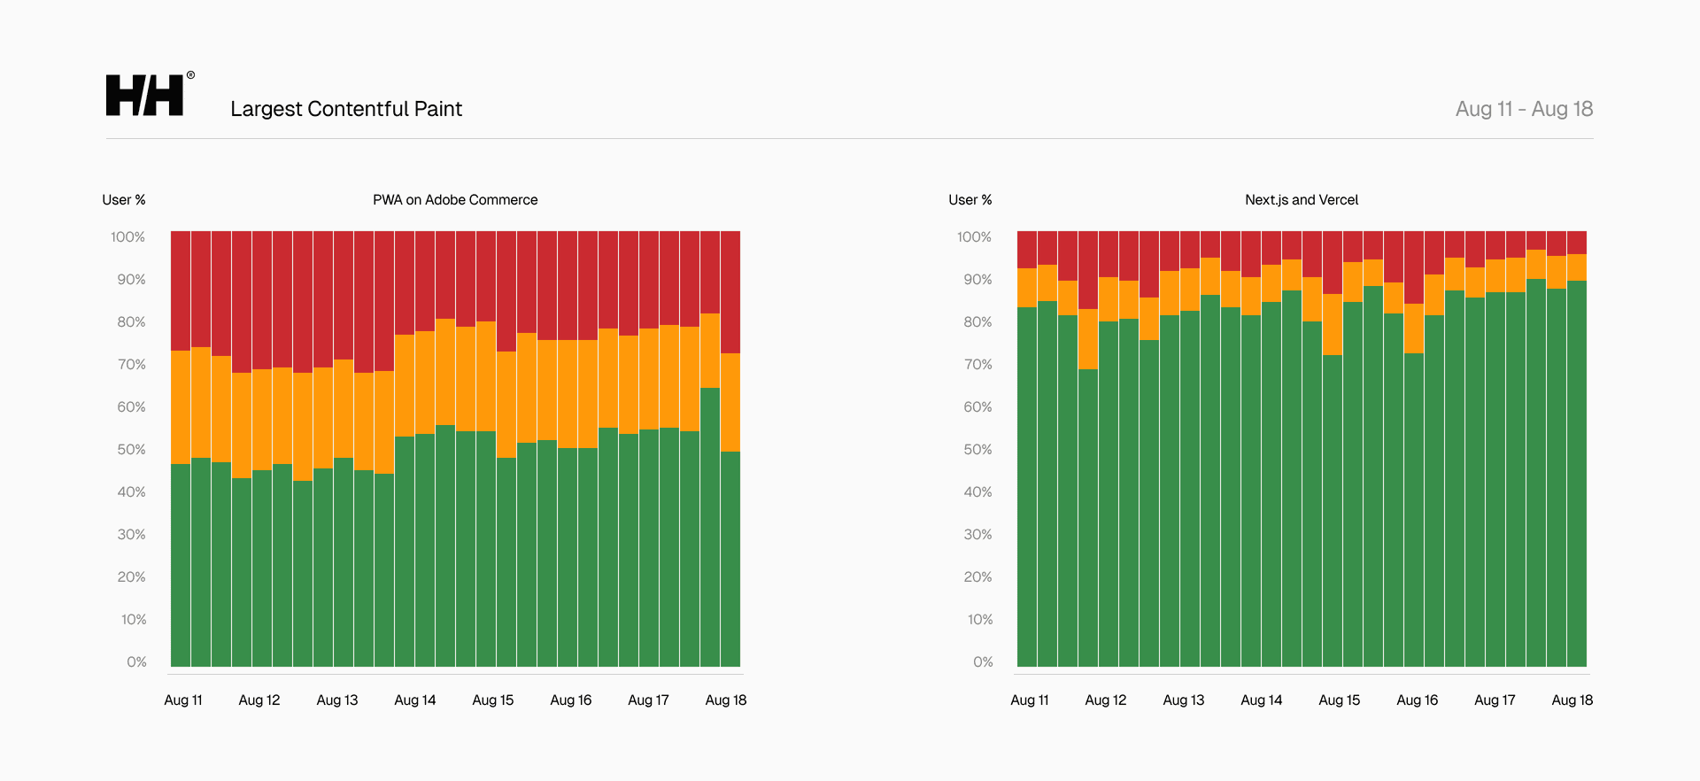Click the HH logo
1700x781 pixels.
tap(145, 95)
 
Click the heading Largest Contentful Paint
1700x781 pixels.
tap(346, 109)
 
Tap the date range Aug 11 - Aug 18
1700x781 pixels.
tap(1524, 109)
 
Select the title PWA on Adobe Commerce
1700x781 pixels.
tap(455, 200)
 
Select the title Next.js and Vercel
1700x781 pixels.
tap(1301, 200)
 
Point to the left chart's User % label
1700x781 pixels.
tap(124, 200)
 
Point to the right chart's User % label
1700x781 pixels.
tap(970, 200)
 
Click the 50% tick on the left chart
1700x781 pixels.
tap(131, 450)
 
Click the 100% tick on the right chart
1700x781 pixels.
tap(974, 237)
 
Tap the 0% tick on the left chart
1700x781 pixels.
tap(136, 662)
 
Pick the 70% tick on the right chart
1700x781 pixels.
tap(977, 365)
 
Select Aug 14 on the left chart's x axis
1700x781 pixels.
tap(415, 700)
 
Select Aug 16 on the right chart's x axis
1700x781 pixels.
tap(1417, 700)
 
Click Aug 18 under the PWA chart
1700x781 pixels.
tap(725, 700)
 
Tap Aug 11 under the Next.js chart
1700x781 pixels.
tap(1030, 700)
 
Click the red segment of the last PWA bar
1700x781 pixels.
tap(730, 292)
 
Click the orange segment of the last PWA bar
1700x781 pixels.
tap(730, 403)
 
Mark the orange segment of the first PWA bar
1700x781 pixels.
tap(181, 407)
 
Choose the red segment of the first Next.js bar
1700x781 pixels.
tap(1027, 250)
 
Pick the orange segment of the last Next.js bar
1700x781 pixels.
tap(1577, 267)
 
